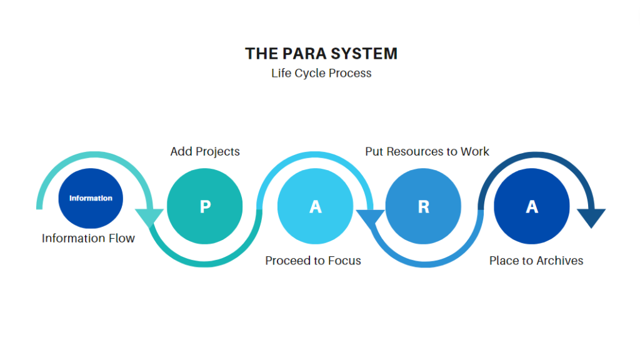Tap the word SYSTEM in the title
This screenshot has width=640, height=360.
click(x=364, y=54)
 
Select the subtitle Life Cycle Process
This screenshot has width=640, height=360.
click(x=321, y=73)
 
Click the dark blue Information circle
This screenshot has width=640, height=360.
click(x=91, y=198)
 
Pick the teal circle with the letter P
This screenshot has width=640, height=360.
click(x=205, y=206)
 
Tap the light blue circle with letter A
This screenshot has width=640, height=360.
click(x=315, y=206)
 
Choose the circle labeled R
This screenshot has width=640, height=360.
click(x=423, y=206)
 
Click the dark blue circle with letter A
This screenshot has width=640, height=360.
click(x=532, y=206)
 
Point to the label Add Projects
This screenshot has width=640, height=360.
click(x=205, y=151)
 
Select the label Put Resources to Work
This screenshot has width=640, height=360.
click(x=427, y=151)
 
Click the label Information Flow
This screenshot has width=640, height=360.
click(x=88, y=238)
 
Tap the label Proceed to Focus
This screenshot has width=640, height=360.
click(x=313, y=261)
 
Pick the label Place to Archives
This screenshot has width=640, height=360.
click(x=536, y=261)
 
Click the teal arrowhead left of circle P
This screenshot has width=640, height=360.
click(x=149, y=216)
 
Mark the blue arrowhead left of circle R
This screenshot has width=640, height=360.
click(x=370, y=217)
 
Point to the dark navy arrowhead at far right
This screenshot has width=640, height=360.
click(x=591, y=217)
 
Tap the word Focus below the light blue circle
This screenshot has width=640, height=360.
click(x=345, y=261)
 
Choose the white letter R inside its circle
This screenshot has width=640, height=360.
click(x=424, y=207)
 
